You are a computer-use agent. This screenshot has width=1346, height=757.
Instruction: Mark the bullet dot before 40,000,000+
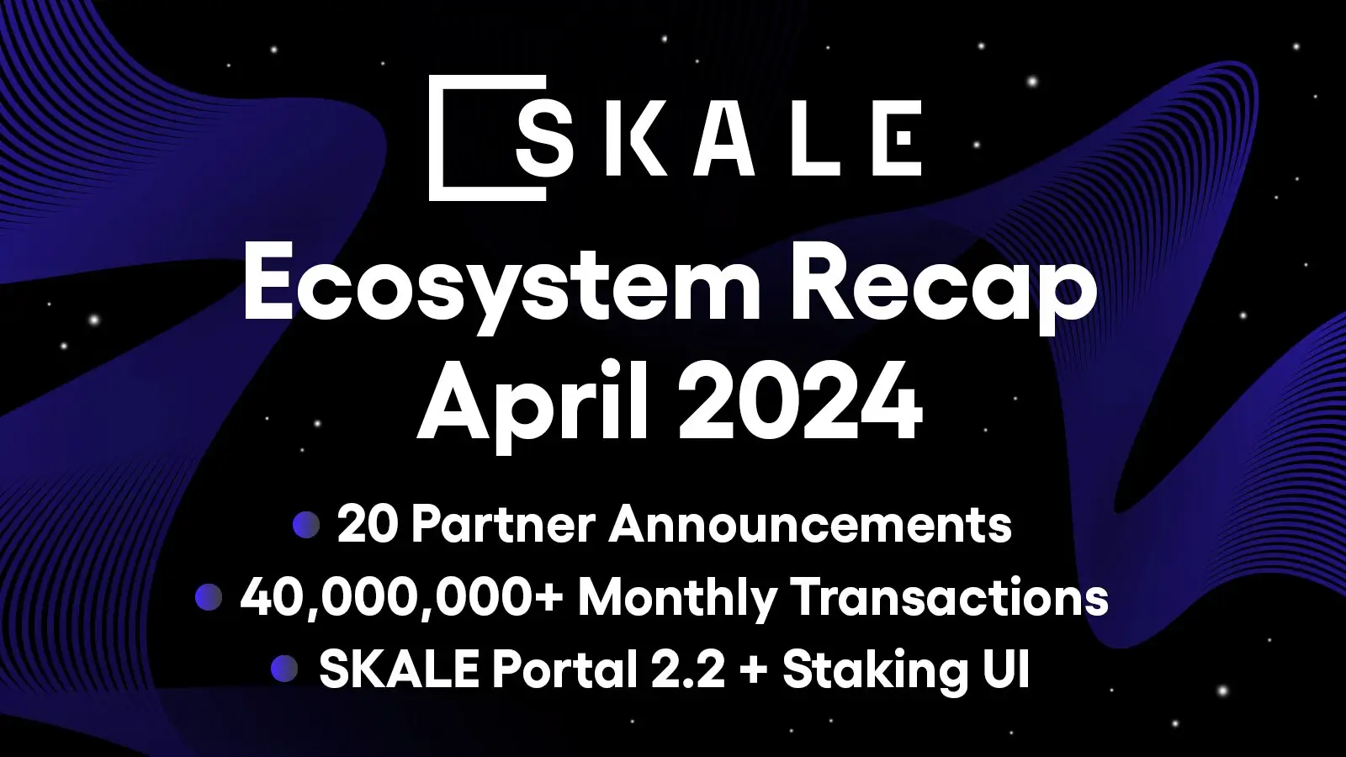(x=208, y=599)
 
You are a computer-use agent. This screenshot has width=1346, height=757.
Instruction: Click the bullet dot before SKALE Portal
(x=284, y=670)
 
